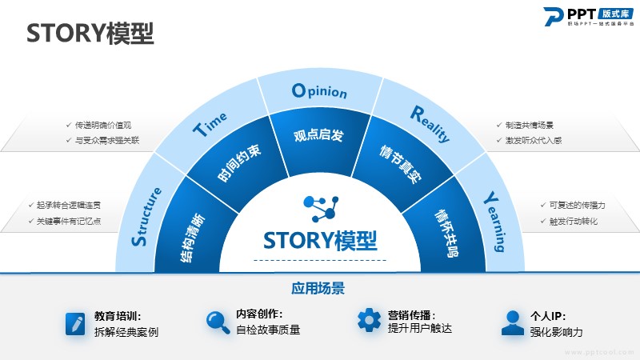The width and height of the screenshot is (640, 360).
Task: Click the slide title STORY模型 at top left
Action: [x=90, y=33]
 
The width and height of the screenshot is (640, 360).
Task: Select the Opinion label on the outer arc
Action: [x=319, y=91]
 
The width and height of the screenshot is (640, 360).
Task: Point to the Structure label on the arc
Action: [x=147, y=216]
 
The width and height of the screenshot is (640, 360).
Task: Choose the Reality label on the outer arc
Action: [x=430, y=123]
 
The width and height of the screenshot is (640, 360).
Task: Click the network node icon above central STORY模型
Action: [x=319, y=207]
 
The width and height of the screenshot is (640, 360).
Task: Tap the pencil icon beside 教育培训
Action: [x=75, y=323]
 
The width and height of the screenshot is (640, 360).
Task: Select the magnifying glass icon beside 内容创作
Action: [x=217, y=322]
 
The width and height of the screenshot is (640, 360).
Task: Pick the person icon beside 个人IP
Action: [x=512, y=322]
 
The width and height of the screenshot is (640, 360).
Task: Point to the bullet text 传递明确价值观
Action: [x=102, y=126]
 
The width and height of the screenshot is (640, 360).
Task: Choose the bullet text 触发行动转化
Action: [x=573, y=222]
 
